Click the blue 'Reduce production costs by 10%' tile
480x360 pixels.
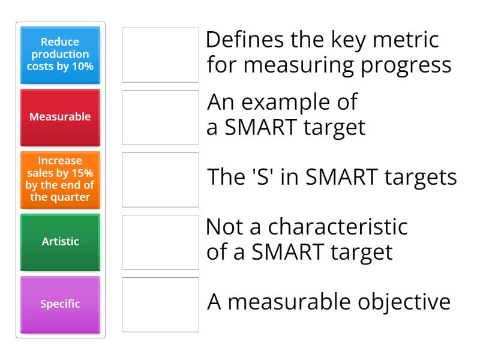coord(60,55)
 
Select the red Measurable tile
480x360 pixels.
coord(60,117)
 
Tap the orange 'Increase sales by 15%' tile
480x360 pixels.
coord(60,179)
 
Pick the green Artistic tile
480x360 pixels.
coord(60,242)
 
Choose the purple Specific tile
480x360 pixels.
coord(60,304)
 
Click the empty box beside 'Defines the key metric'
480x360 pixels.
coord(160,55)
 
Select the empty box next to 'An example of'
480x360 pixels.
coord(160,117)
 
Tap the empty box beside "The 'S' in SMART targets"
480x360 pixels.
coord(160,179)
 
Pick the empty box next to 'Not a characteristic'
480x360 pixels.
coord(160,242)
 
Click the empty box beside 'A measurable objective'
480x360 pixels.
coord(160,304)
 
